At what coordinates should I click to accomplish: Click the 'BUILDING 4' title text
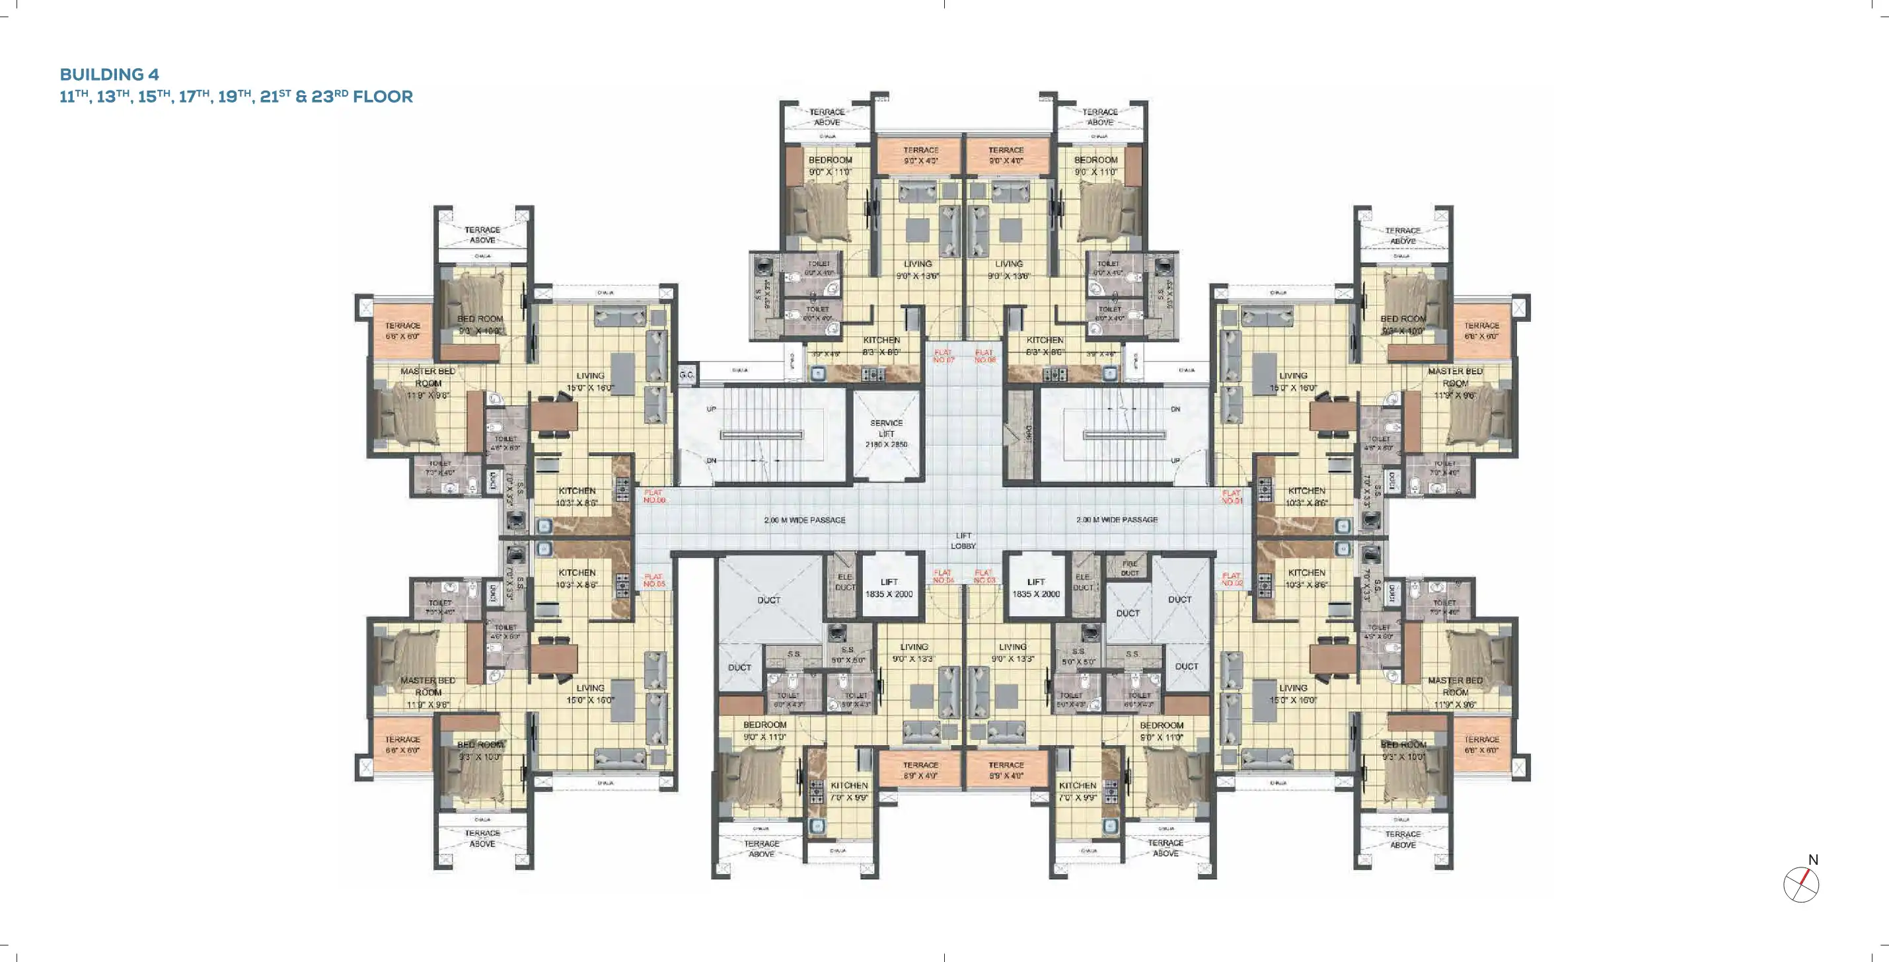[109, 74]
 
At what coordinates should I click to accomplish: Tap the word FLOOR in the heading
[383, 96]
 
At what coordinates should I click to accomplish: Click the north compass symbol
[1801, 883]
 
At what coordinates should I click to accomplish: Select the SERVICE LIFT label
[886, 428]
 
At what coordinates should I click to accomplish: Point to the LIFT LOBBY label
[963, 540]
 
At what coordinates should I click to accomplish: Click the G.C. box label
[686, 375]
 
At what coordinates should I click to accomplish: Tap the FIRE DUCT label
[1129, 568]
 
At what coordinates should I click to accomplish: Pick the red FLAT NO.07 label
[943, 356]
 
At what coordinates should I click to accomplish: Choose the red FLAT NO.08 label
[985, 356]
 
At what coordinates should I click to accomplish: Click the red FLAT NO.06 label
[654, 496]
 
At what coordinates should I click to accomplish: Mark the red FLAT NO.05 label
[654, 581]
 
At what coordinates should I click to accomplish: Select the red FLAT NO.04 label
[943, 576]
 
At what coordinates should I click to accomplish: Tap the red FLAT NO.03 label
[984, 576]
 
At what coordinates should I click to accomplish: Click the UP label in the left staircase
[710, 409]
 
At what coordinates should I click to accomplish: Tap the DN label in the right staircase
[1175, 409]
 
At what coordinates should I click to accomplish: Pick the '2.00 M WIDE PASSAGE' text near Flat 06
[805, 520]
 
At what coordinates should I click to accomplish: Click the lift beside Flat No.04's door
[889, 588]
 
